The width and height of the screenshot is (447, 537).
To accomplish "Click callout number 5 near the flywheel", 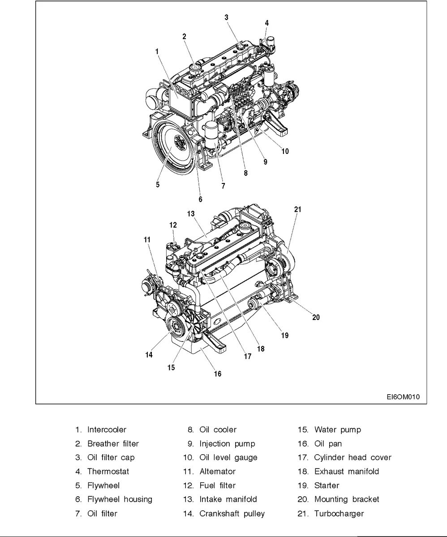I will (x=158, y=184).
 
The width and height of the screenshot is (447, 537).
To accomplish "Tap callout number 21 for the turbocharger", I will (x=298, y=209).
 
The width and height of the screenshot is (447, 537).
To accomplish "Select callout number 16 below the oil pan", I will (x=217, y=374).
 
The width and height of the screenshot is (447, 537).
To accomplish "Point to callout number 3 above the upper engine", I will (x=227, y=17).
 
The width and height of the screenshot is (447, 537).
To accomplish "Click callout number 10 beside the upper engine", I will (x=285, y=151).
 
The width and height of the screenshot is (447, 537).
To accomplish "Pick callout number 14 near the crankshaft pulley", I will (x=149, y=354).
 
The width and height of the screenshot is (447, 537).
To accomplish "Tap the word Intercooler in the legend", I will (x=107, y=430).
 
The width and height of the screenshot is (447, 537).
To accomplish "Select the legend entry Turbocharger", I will (x=339, y=513).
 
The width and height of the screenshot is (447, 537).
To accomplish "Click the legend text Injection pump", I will (x=227, y=443).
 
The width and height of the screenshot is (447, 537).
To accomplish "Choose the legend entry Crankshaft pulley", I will (x=232, y=513).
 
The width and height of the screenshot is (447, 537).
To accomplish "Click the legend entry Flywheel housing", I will (x=120, y=499).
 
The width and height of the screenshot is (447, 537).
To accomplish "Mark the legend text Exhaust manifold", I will (x=347, y=471).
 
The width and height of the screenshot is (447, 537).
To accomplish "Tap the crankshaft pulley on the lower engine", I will (x=176, y=330).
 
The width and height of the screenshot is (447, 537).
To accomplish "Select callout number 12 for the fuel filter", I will (x=173, y=225).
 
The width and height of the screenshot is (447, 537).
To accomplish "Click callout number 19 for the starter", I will (x=284, y=335).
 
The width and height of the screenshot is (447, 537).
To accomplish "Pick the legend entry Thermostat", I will (x=108, y=471).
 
